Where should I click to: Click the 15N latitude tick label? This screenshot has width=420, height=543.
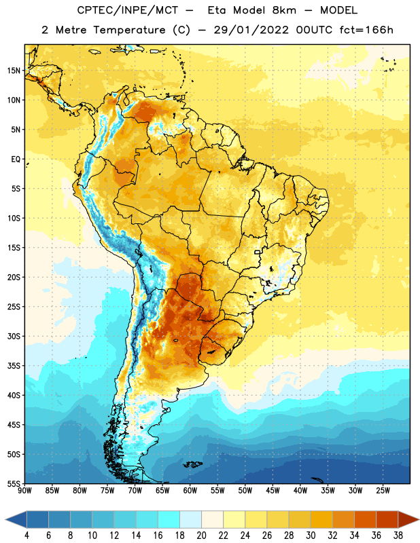click(x=14, y=71)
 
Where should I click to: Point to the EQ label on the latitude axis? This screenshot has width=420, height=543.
click(x=16, y=160)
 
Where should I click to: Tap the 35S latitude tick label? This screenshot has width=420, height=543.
click(x=14, y=366)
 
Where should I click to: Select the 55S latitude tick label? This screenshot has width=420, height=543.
click(x=14, y=483)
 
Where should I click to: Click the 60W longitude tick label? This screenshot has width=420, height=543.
click(x=190, y=491)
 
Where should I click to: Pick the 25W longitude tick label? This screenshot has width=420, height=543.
click(x=383, y=491)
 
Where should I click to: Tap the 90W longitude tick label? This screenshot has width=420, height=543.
click(x=24, y=491)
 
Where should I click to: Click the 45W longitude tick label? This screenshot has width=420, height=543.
click(x=273, y=491)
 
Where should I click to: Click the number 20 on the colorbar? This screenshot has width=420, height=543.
click(x=201, y=536)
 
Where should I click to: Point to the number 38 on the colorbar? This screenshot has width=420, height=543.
click(x=398, y=536)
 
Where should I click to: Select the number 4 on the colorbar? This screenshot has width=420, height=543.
click(x=27, y=536)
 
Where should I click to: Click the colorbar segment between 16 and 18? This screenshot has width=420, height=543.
click(x=169, y=519)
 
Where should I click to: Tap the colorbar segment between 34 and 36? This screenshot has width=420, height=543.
click(x=365, y=519)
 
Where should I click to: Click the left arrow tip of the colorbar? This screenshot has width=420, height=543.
click(x=5, y=519)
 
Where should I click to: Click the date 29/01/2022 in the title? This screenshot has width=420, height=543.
click(x=251, y=30)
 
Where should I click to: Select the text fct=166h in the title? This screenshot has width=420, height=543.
click(x=366, y=30)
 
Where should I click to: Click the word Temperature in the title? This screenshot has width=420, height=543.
click(x=129, y=30)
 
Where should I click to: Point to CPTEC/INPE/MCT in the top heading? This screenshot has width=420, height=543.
click(x=128, y=10)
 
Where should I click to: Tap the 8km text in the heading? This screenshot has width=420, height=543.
click(x=284, y=10)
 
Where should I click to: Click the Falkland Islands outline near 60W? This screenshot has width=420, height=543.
click(x=192, y=464)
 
